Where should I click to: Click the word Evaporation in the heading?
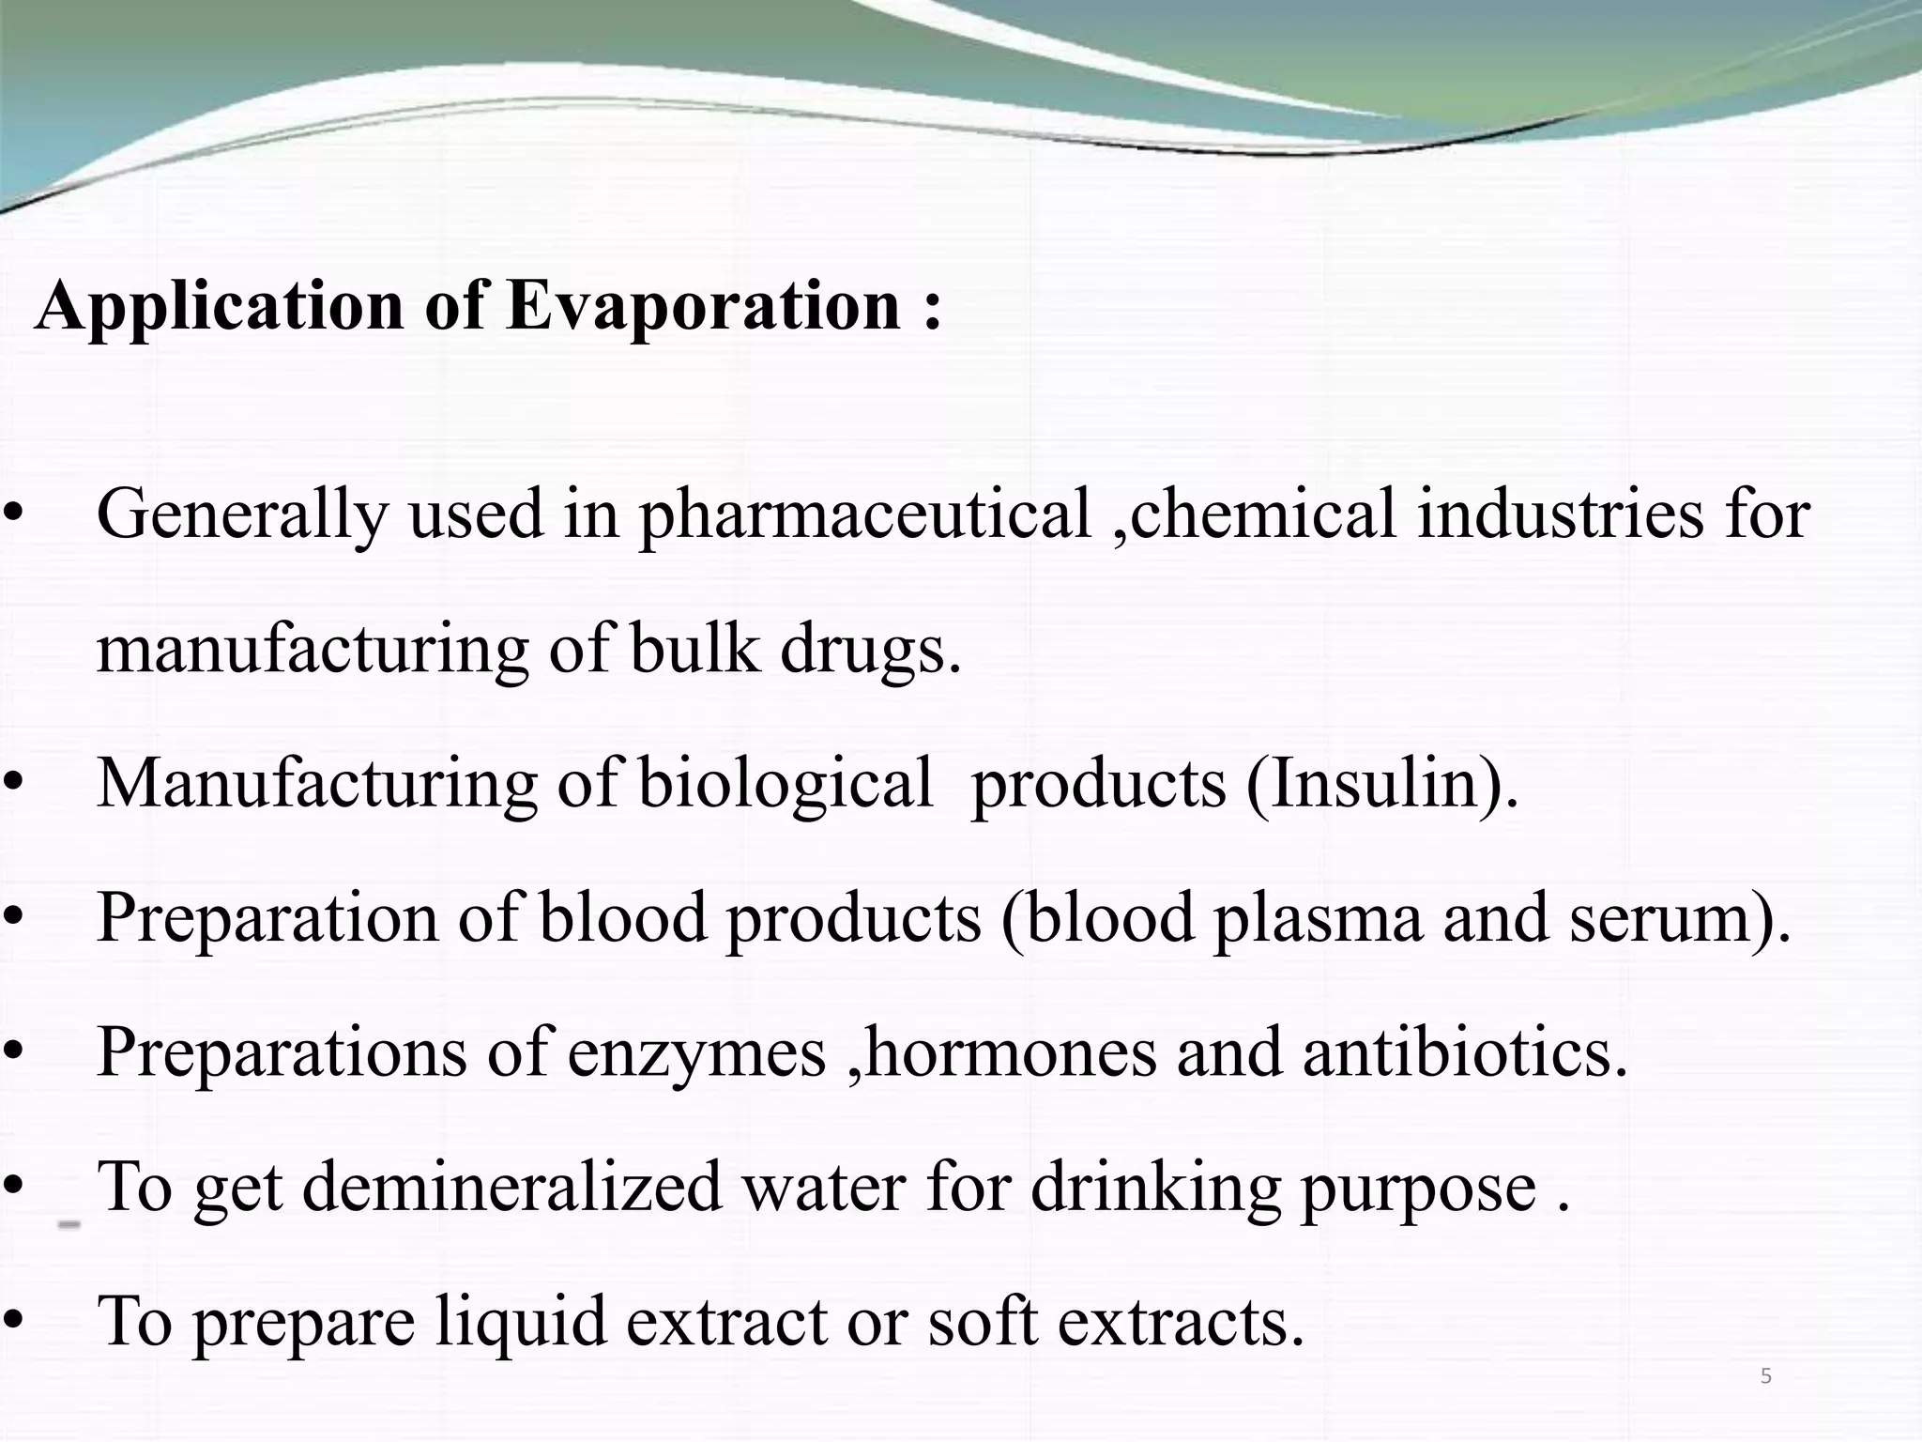pos(704,307)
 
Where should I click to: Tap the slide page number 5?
pos(1766,1376)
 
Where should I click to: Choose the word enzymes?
pos(695,1053)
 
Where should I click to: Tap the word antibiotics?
pos(1464,1053)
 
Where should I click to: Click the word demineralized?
pos(512,1188)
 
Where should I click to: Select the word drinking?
pos(1155,1188)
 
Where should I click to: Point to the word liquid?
pos(520,1322)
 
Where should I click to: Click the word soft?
pos(982,1322)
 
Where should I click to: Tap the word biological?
pos(786,784)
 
